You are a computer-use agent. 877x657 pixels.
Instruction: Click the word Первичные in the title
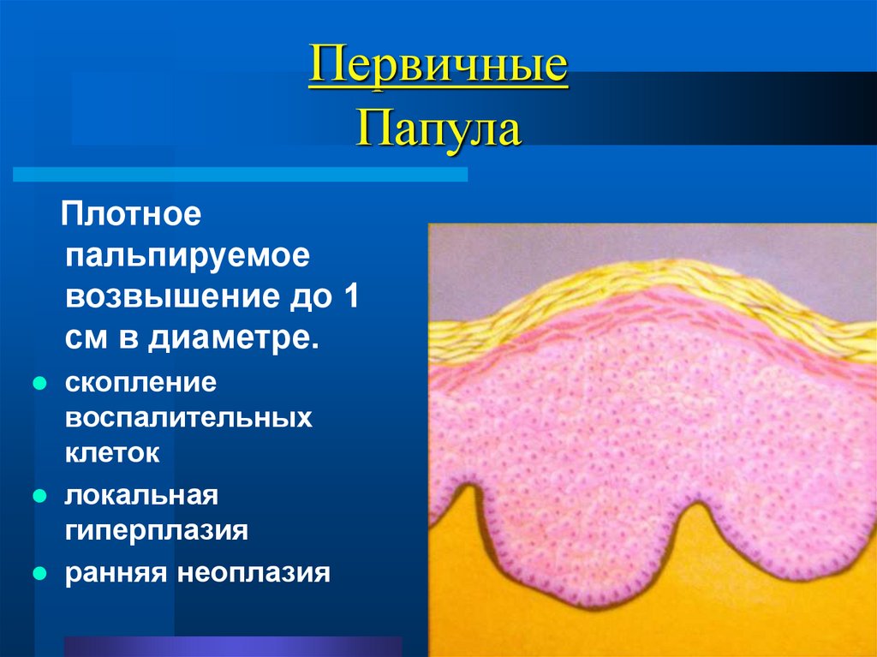(x=438, y=68)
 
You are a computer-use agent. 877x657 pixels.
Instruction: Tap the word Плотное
(x=130, y=214)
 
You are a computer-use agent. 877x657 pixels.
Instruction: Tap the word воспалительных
(x=188, y=418)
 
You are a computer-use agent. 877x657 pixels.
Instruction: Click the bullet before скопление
(x=39, y=383)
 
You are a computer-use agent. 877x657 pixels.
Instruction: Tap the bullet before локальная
(x=39, y=495)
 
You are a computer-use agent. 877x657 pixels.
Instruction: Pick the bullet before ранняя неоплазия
(x=39, y=572)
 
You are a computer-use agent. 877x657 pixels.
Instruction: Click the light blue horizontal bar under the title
(x=240, y=175)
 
